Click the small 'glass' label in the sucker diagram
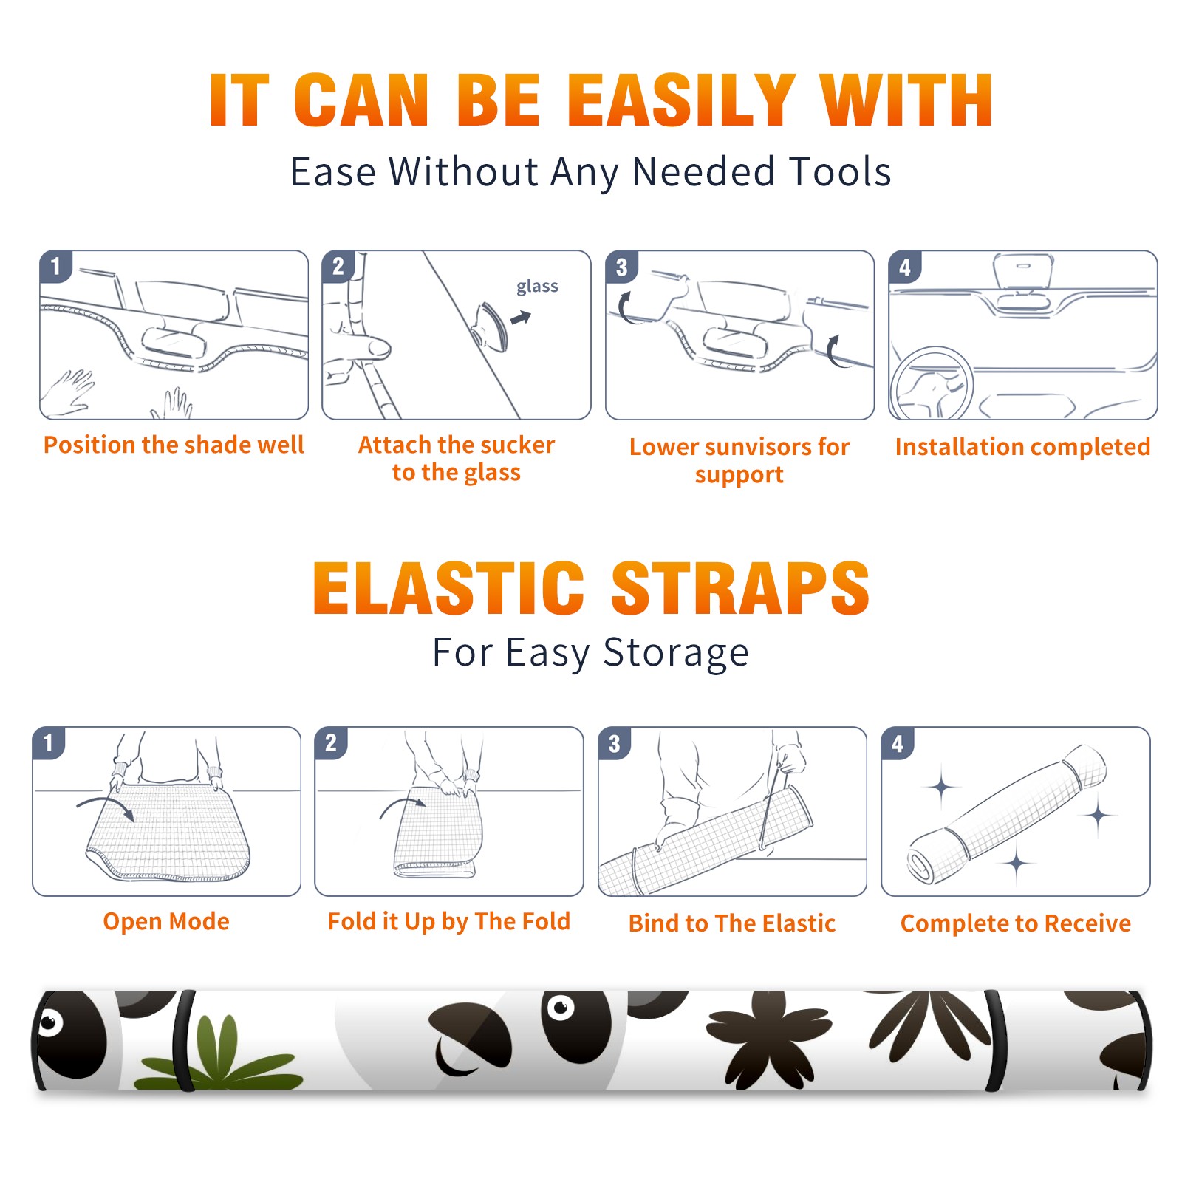537,287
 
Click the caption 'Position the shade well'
174,445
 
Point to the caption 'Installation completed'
1022,446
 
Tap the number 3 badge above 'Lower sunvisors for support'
621,267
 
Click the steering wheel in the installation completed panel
932,384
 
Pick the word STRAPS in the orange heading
740,588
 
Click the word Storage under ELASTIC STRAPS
676,653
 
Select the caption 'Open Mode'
166,921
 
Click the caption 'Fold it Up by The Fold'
449,921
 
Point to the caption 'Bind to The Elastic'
732,923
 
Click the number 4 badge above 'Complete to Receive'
898,743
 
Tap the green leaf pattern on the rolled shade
222,1053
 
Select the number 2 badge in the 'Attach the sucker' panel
338,267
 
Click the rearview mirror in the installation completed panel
1023,271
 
